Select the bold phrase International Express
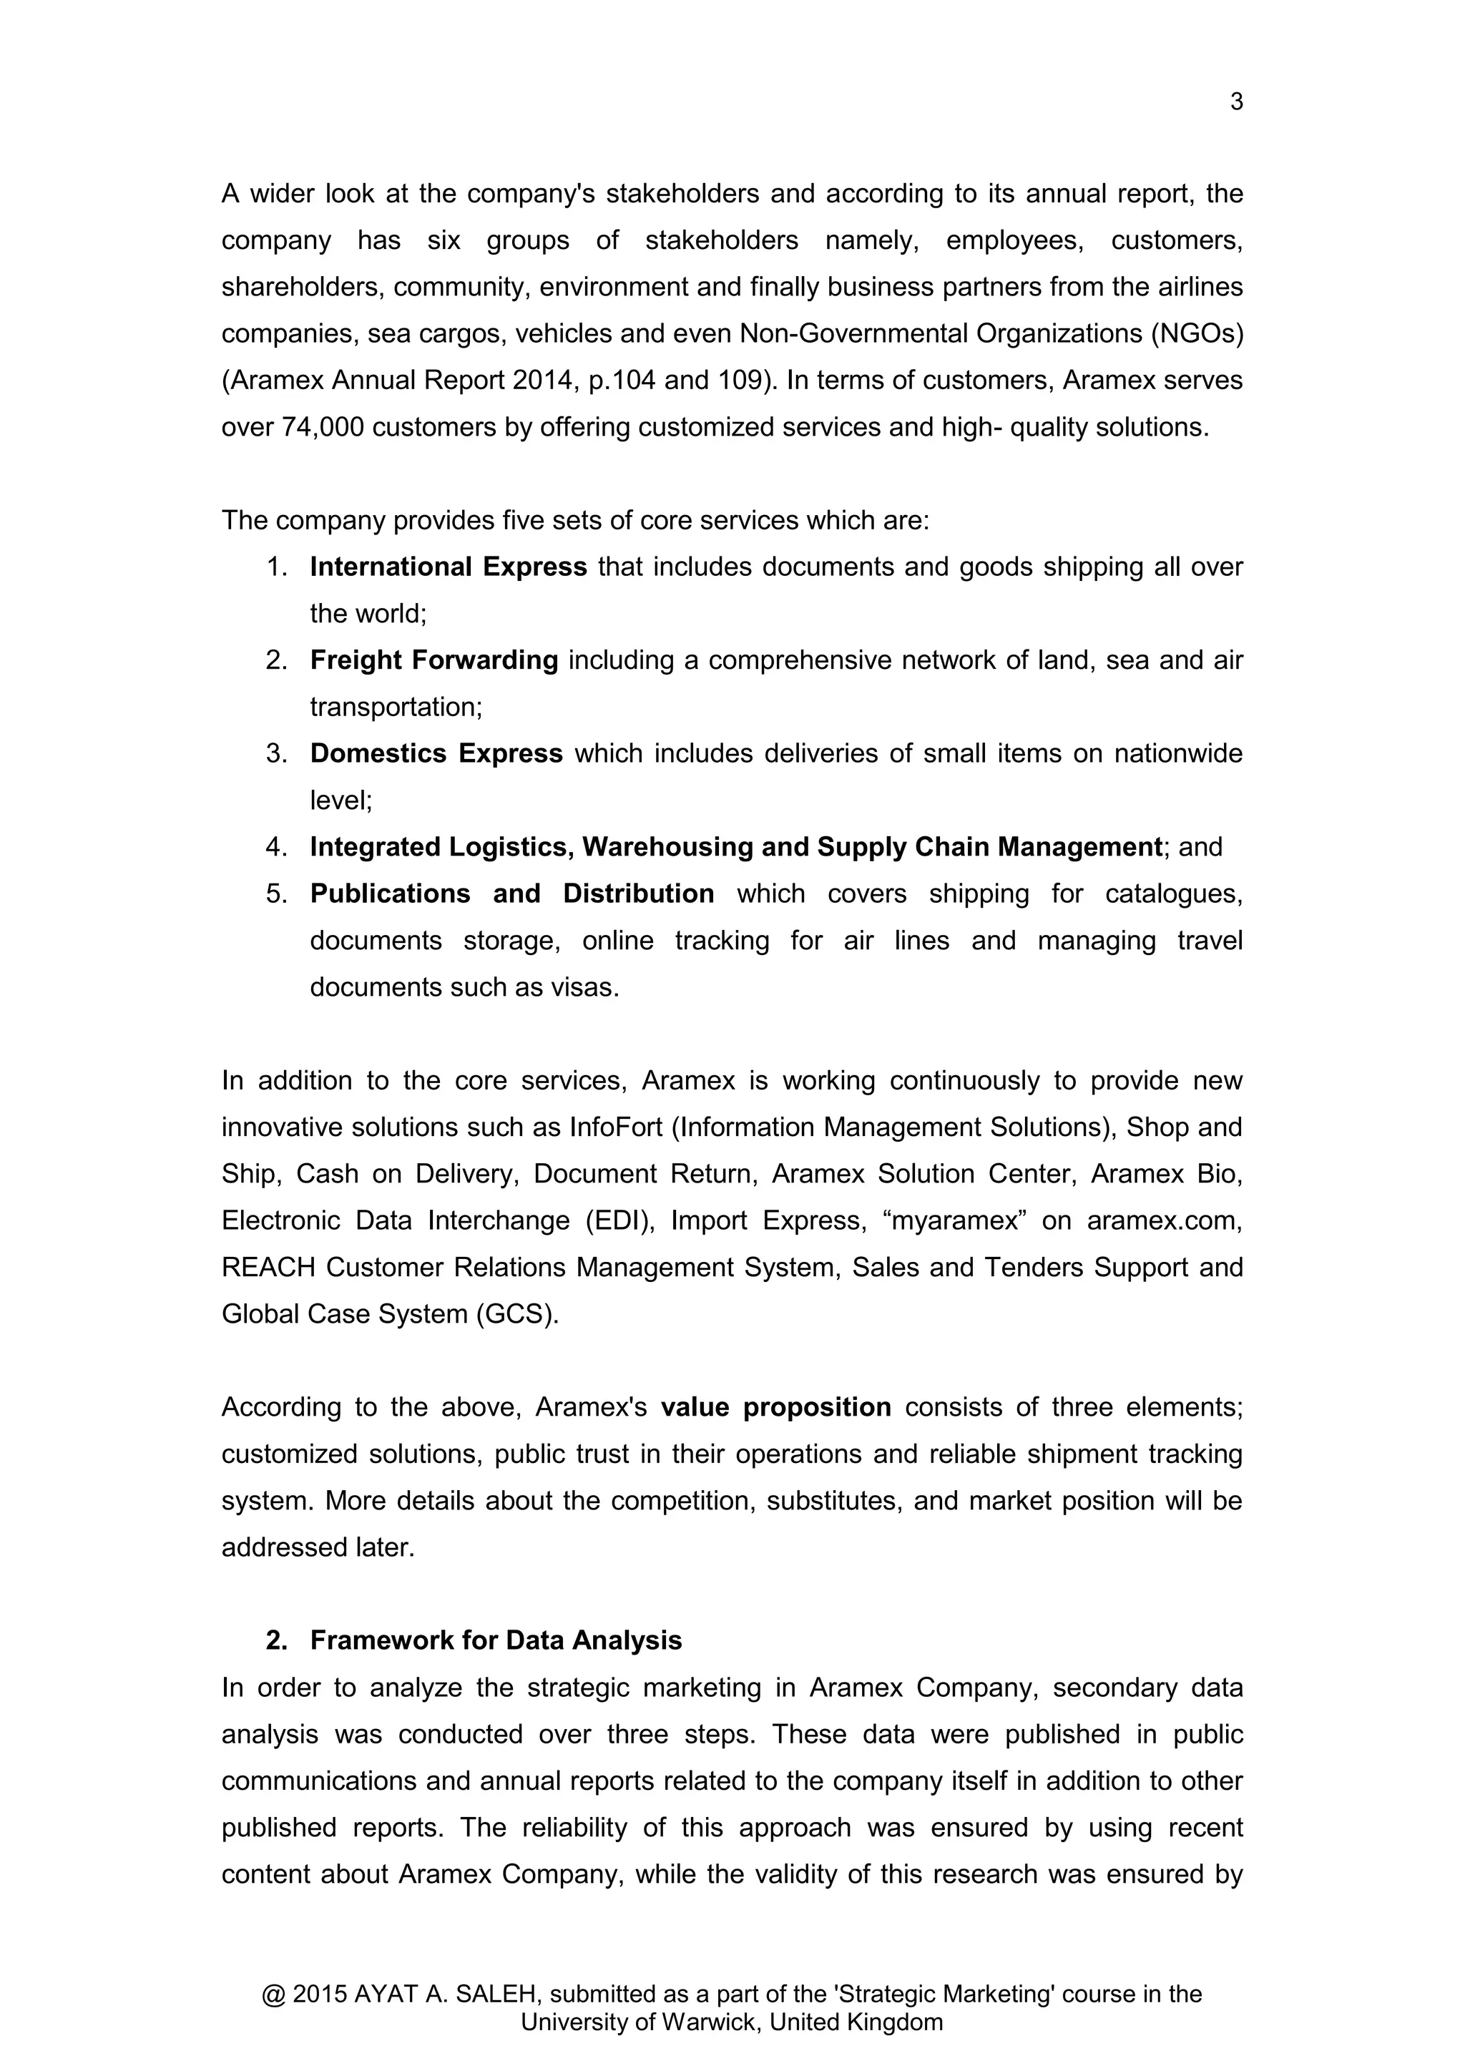point(449,567)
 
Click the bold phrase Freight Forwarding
point(434,660)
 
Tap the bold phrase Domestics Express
point(436,754)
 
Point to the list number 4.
point(275,847)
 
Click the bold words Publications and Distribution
point(511,894)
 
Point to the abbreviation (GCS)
point(517,1314)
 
